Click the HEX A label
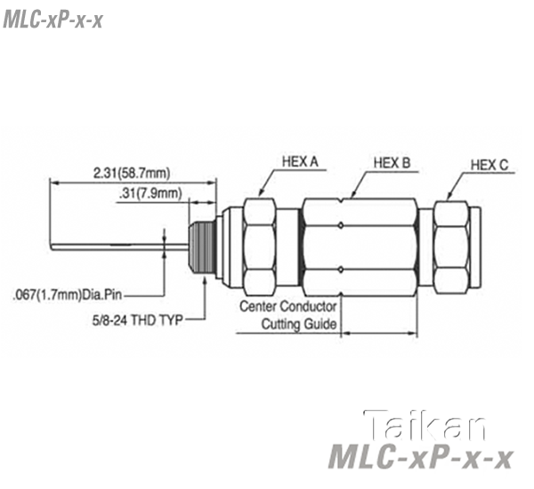pos(300,162)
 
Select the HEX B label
pos(392,163)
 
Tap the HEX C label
pos(489,165)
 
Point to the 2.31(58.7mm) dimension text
pos(132,173)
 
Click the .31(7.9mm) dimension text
pos(150,194)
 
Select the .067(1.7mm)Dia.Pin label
pos(67,294)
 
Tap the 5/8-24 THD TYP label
pos(138,320)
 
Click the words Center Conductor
pos(288,306)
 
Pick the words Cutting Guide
pos(299,324)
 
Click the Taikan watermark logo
pos(425,425)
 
